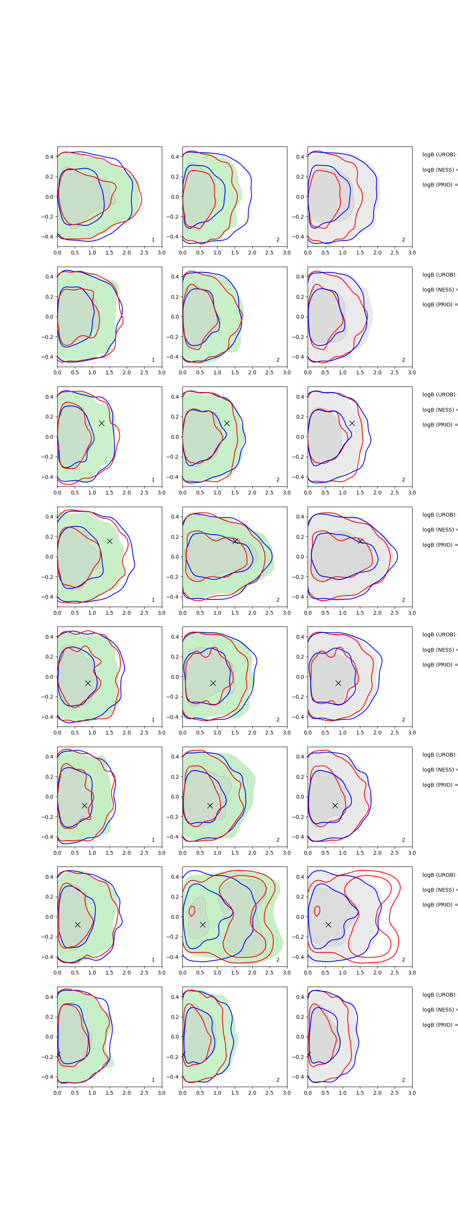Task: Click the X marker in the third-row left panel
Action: coord(102,423)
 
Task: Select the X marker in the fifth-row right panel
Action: coord(338,683)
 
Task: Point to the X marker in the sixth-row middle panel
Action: coord(210,805)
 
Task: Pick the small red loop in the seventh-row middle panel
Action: coord(192,910)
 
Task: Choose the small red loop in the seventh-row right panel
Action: coord(317,910)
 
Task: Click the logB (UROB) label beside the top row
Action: coord(439,155)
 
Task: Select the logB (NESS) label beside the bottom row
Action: coord(439,1010)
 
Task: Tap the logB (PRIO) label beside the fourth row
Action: coord(439,544)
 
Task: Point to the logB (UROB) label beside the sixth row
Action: coord(439,755)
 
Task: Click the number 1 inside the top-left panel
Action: coord(153,240)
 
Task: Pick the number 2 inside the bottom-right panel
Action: coord(403,1080)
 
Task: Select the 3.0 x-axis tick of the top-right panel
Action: coord(411,253)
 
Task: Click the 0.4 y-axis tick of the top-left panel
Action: coord(49,157)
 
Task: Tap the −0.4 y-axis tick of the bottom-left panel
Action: coord(47,1077)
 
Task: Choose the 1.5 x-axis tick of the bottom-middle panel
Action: coord(235,1092)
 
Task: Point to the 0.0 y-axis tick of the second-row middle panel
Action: coord(174,317)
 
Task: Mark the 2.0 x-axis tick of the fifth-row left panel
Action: coord(127,732)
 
